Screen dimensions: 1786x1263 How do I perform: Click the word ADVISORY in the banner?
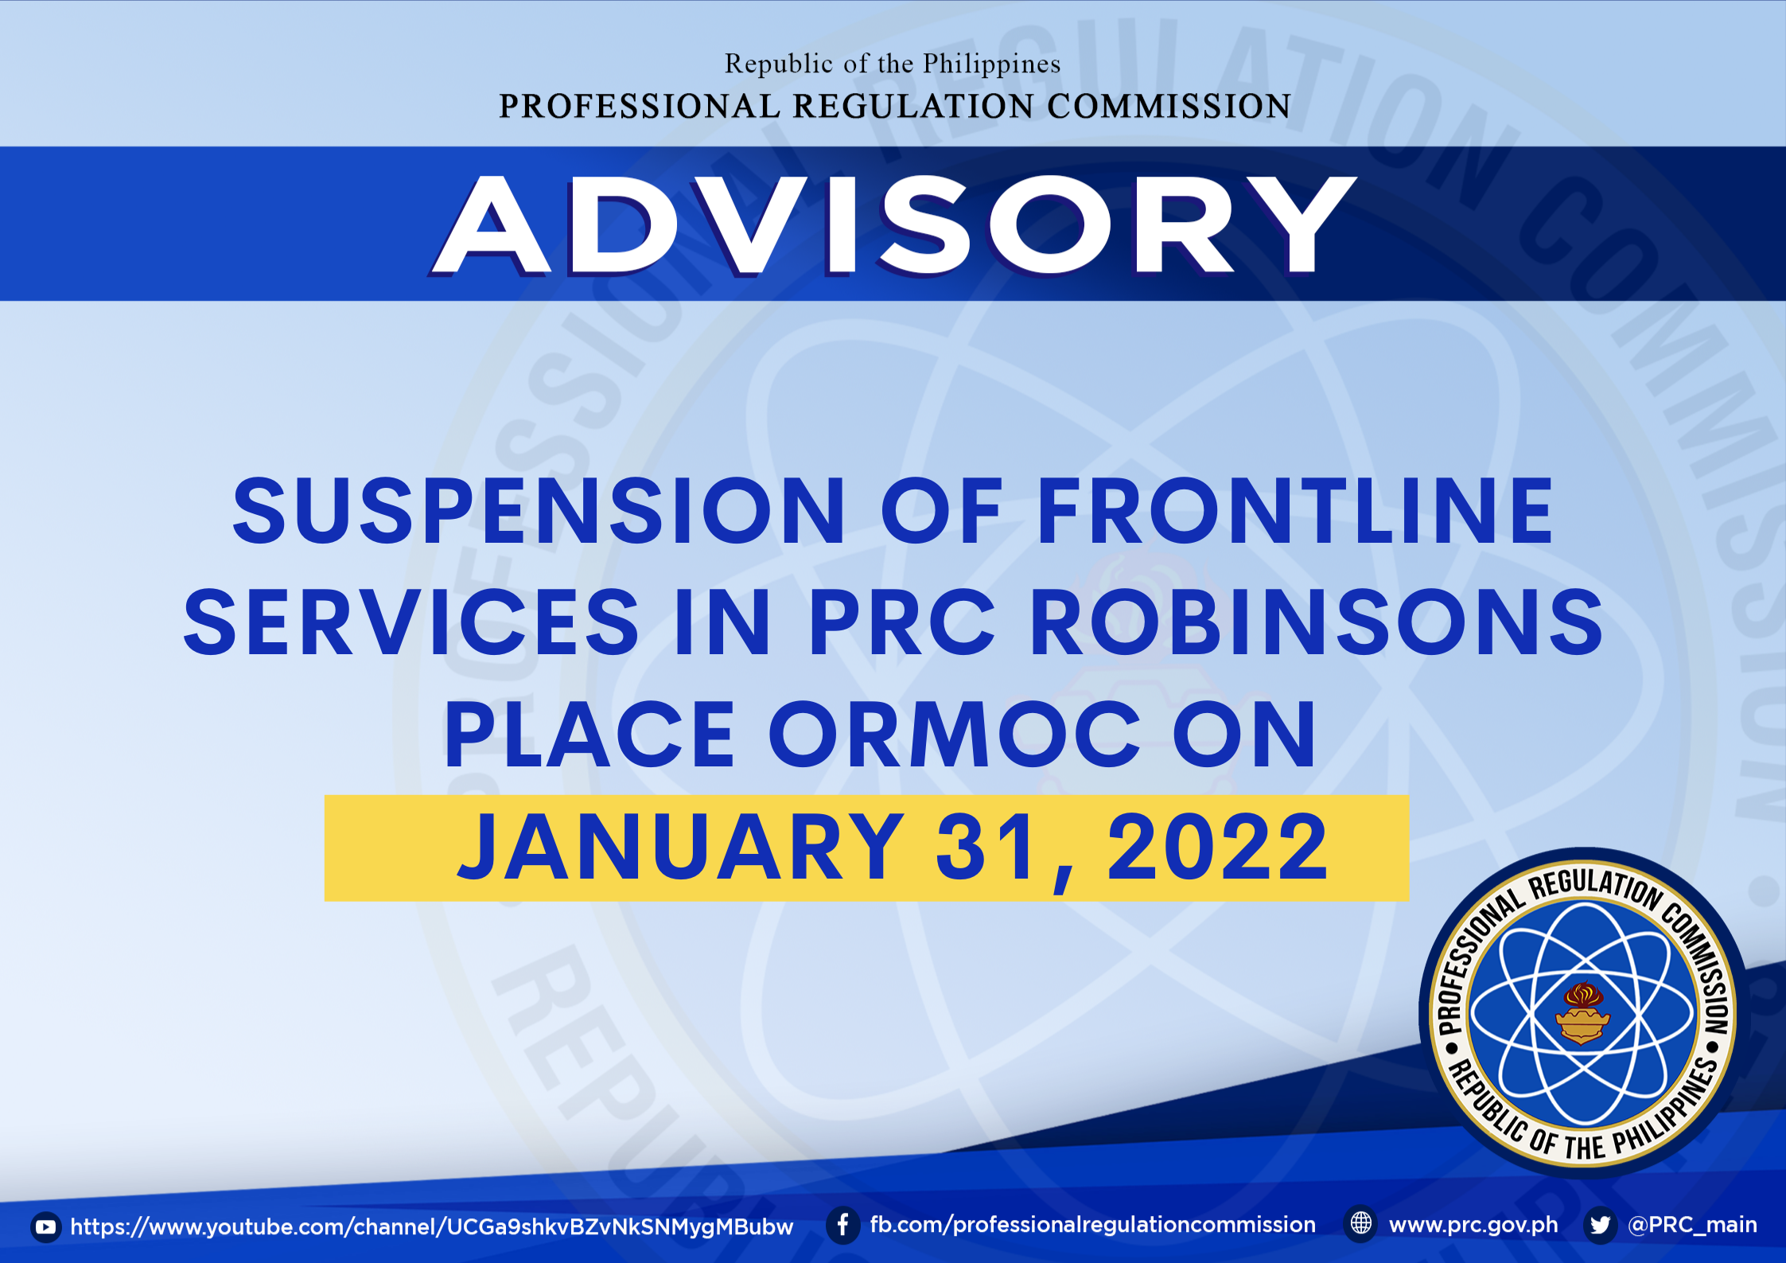pyautogui.click(x=893, y=225)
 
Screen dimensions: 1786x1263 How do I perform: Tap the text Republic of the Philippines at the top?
pyautogui.click(x=893, y=64)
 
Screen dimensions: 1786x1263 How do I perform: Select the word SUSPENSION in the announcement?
pyautogui.click(x=539, y=511)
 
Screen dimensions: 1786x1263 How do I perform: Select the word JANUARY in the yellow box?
pyautogui.click(x=681, y=847)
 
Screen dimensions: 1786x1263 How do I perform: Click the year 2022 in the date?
pyautogui.click(x=1217, y=847)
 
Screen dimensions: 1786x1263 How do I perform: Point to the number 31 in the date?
pyautogui.click(x=987, y=847)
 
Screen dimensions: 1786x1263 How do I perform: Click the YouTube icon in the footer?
pyautogui.click(x=46, y=1227)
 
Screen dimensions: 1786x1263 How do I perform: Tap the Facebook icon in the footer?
pyautogui.click(x=842, y=1225)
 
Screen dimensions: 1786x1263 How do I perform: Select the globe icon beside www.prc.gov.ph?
pyautogui.click(x=1361, y=1223)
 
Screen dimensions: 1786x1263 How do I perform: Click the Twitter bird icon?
pyautogui.click(x=1600, y=1225)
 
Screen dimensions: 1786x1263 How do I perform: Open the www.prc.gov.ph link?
pyautogui.click(x=1473, y=1225)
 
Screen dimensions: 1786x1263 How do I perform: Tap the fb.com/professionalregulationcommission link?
pyautogui.click(x=1093, y=1225)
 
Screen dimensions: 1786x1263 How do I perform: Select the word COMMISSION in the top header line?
pyautogui.click(x=1169, y=107)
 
